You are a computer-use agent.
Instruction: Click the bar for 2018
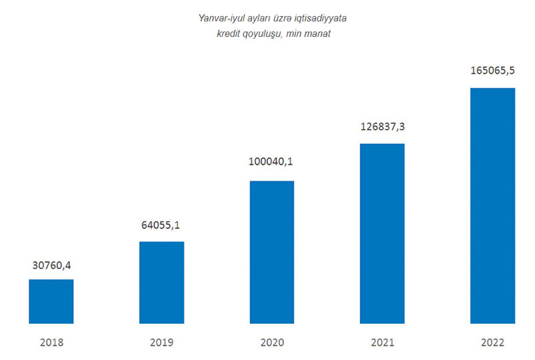pos(51,301)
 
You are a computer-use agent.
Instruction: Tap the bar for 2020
pos(272,252)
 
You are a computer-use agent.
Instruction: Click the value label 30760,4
pos(51,266)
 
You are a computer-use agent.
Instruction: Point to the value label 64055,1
pos(162,226)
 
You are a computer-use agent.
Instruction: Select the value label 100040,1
pos(272,161)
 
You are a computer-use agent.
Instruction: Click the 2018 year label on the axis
pos(51,343)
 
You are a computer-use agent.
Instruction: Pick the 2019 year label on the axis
pos(162,343)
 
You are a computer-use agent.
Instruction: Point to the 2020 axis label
pos(272,343)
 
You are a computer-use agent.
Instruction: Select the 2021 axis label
pos(383,343)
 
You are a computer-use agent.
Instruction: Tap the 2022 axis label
pos(493,343)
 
